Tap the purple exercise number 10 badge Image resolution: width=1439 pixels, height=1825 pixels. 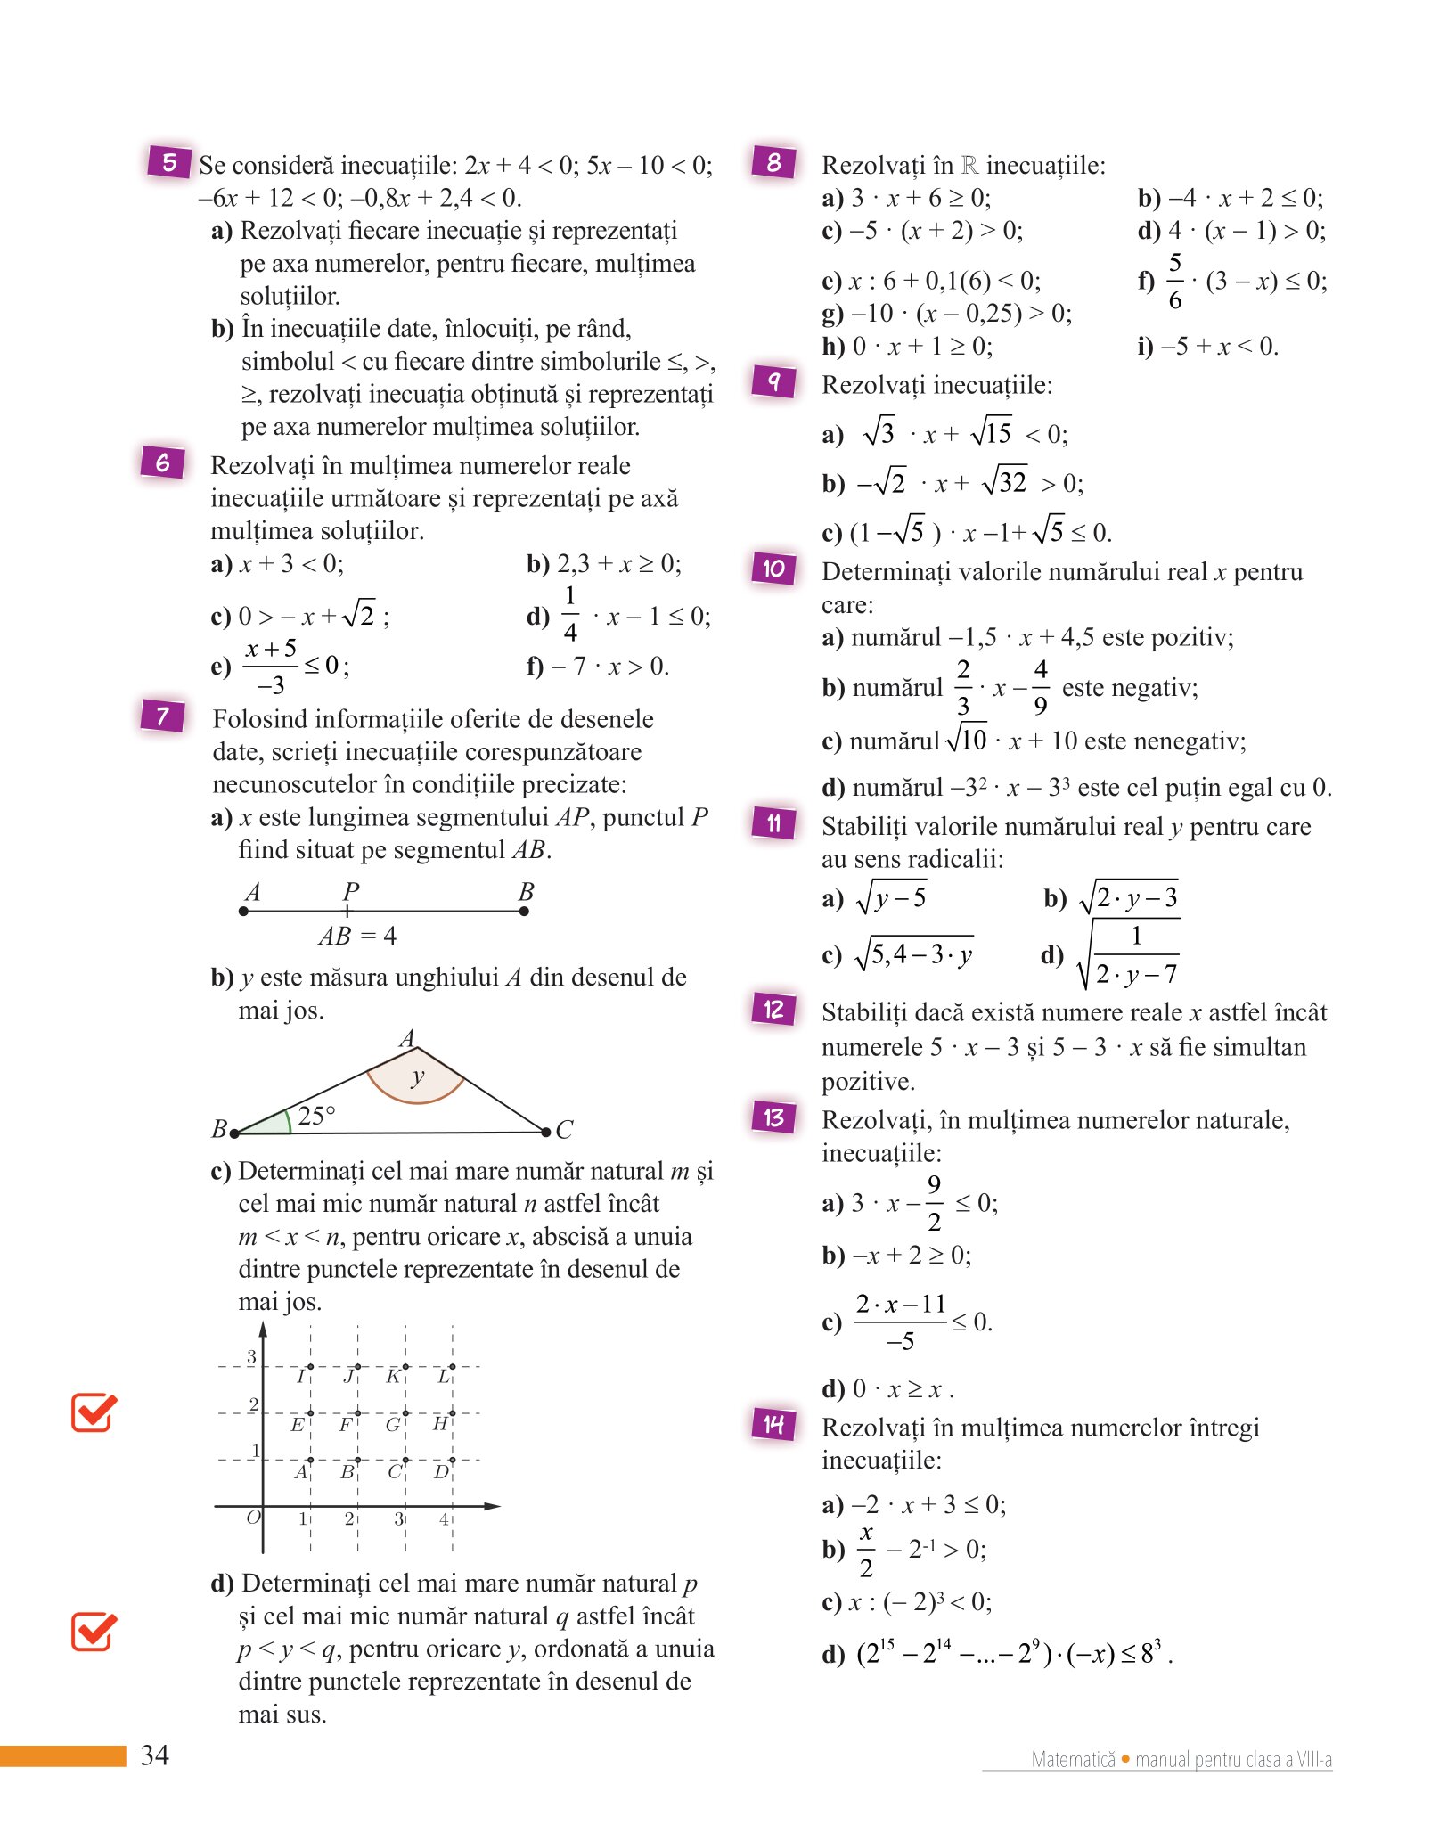pos(773,568)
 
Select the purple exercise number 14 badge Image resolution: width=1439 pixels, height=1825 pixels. pos(773,1424)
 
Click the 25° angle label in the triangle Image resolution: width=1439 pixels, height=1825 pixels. pos(316,1115)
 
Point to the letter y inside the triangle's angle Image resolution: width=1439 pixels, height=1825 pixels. pos(417,1076)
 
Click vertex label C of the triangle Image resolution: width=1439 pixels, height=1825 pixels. pos(564,1130)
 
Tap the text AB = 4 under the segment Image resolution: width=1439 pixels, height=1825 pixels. pos(357,936)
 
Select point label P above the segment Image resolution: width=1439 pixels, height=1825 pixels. pos(350,891)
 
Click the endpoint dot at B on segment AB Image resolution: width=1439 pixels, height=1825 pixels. pos(524,911)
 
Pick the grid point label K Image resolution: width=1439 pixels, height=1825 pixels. pos(393,1377)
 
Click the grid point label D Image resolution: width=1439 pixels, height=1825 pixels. pos(440,1471)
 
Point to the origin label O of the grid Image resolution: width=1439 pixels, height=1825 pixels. pos(253,1517)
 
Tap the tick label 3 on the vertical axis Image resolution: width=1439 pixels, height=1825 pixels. pos(251,1356)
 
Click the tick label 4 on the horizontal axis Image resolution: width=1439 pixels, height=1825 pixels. pos(444,1518)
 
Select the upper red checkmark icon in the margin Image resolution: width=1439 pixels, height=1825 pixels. pos(94,1412)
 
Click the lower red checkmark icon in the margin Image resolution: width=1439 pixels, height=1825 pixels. pos(94,1632)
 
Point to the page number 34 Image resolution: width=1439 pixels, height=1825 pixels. pos(155,1755)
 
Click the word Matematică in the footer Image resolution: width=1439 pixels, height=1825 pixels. pos(1073,1759)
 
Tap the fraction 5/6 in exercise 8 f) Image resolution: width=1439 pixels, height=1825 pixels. pos(1175,282)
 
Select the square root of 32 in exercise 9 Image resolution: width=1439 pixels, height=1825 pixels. pos(1005,482)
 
